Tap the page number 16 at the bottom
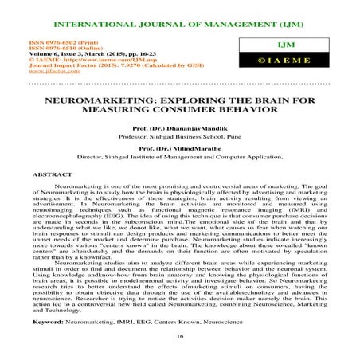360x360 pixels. click(179, 338)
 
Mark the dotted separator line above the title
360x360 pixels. click(179, 82)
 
